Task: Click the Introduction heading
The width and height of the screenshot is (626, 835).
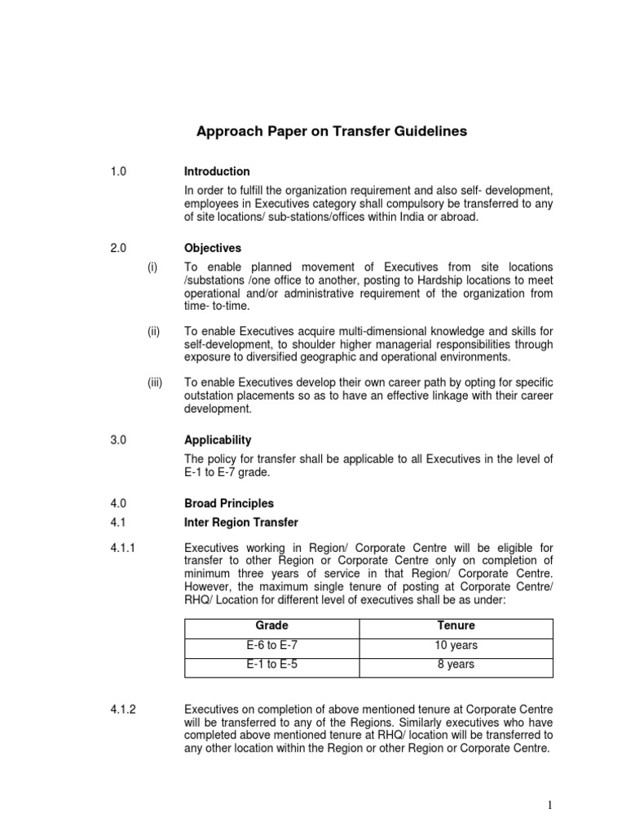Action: tap(217, 171)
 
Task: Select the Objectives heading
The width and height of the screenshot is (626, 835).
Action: tap(213, 248)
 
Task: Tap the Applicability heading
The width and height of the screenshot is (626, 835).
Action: tap(218, 440)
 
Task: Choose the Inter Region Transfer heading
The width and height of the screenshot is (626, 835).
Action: tap(241, 522)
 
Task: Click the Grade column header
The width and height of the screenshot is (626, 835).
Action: tap(272, 625)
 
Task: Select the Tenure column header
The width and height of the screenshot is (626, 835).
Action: tap(456, 625)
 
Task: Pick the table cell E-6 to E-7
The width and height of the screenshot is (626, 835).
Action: tap(272, 645)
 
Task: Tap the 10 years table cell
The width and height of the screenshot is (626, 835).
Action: tap(456, 645)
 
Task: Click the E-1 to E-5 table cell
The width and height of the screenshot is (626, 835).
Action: tap(272, 665)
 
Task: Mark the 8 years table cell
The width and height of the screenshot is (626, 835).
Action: tap(456, 665)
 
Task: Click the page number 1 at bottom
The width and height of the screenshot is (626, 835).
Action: tap(551, 806)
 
